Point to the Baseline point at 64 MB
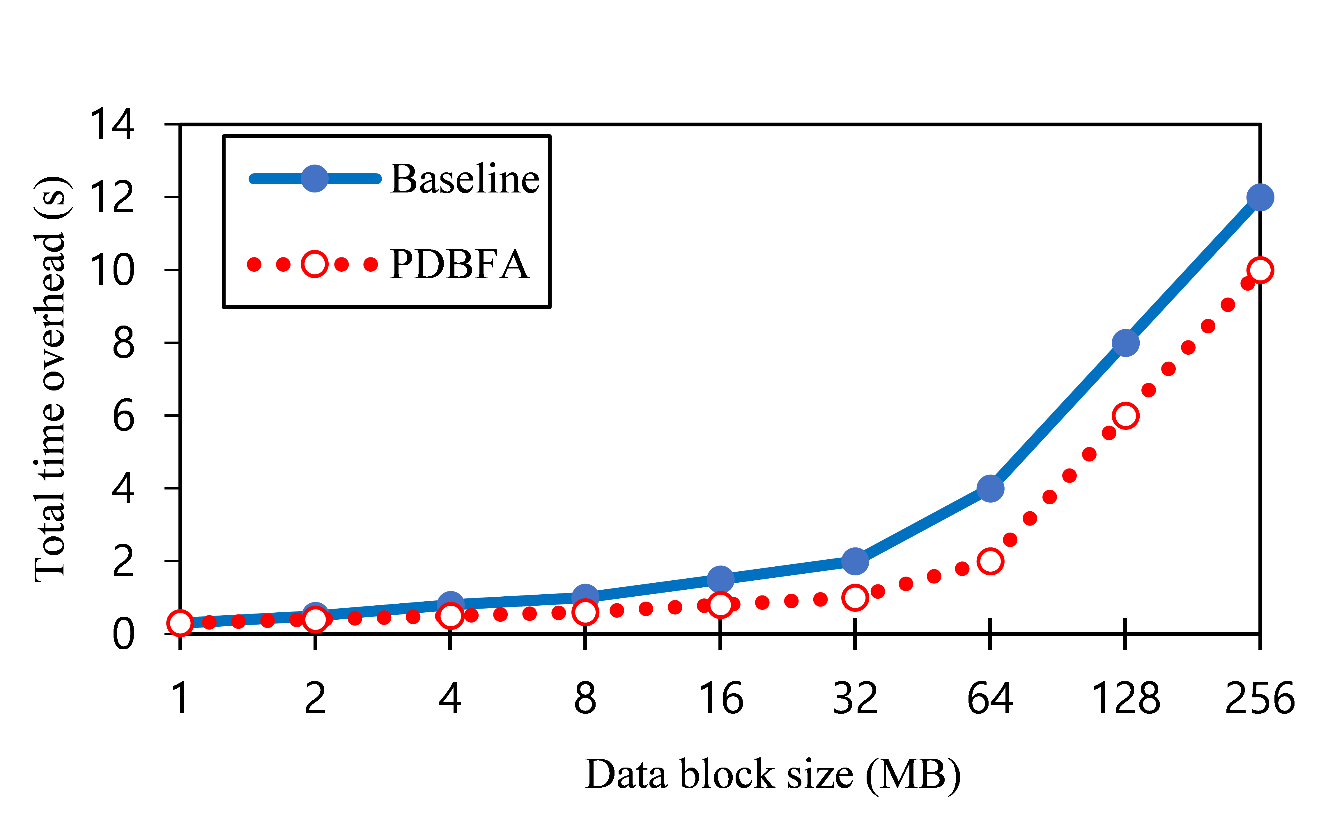click(990, 488)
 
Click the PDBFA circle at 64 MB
click(990, 561)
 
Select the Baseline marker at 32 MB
click(855, 561)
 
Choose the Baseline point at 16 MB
click(720, 579)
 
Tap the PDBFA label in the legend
click(459, 265)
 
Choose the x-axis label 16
click(720, 699)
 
